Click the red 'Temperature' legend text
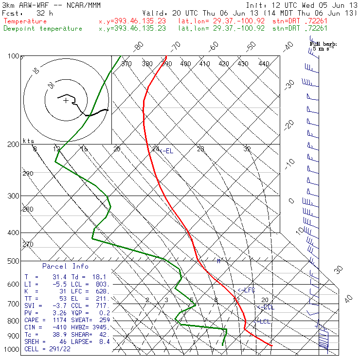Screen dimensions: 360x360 coord(25,21)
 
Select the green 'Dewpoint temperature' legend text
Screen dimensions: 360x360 coord(43,28)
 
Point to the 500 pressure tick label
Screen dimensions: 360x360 coord(14,261)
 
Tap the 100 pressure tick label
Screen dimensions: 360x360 coord(14,56)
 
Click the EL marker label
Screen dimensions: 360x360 coord(167,151)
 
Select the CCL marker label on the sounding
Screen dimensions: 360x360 coord(266,307)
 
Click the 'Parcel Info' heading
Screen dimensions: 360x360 coord(65,266)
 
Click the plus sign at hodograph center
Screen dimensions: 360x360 coord(66,101)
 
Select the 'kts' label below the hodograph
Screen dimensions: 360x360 coord(29,141)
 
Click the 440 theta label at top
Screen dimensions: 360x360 coord(264,64)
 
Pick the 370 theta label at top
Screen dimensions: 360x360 coord(126,64)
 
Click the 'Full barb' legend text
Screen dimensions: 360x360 coord(323,44)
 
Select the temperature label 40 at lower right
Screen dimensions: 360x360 coord(348,299)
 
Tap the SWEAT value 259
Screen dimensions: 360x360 coord(105,320)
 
